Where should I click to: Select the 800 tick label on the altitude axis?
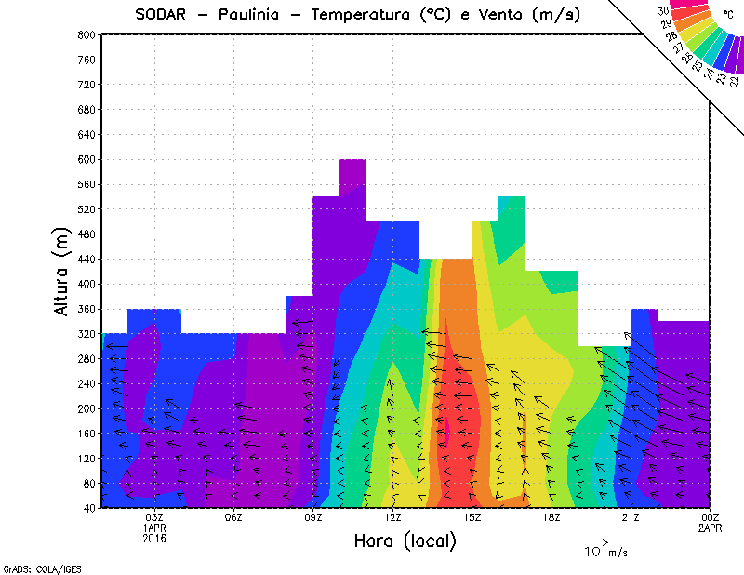86,34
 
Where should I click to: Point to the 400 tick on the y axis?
86,284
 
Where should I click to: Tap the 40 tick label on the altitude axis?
88,508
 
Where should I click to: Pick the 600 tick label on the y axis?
86,159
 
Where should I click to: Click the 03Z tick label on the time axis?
154,517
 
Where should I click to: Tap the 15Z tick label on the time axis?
472,517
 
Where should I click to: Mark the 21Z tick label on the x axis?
631,517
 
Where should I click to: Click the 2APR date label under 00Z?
709,528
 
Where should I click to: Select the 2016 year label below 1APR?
154,538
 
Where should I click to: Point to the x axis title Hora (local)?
405,542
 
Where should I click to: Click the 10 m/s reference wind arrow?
591,541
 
